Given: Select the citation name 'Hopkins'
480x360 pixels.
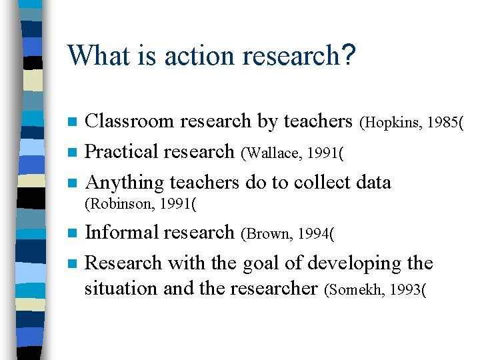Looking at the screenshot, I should (389, 123).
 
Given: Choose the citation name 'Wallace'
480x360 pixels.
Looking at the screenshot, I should (271, 153).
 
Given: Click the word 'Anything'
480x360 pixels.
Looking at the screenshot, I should (125, 182).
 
